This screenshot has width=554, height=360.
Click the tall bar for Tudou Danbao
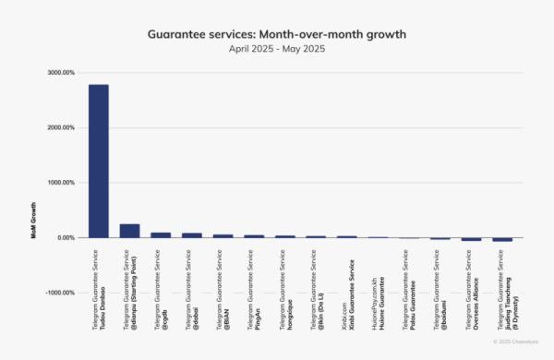pyautogui.click(x=99, y=162)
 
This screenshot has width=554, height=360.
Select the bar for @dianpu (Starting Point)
pyautogui.click(x=129, y=231)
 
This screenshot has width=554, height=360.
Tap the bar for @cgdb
pyautogui.click(x=161, y=234)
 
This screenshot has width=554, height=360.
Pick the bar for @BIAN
pyautogui.click(x=223, y=235)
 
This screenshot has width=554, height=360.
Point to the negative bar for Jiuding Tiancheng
pyautogui.click(x=502, y=239)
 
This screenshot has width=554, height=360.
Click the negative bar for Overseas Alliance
pyautogui.click(x=471, y=239)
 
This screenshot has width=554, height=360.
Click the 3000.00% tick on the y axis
pyautogui.click(x=62, y=72)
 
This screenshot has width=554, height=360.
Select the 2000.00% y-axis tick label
pyautogui.click(x=62, y=127)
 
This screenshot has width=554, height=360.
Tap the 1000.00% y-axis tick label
pyautogui.click(x=62, y=183)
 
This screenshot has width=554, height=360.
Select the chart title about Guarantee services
pyautogui.click(x=276, y=34)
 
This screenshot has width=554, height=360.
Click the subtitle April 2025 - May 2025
pyautogui.click(x=276, y=48)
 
